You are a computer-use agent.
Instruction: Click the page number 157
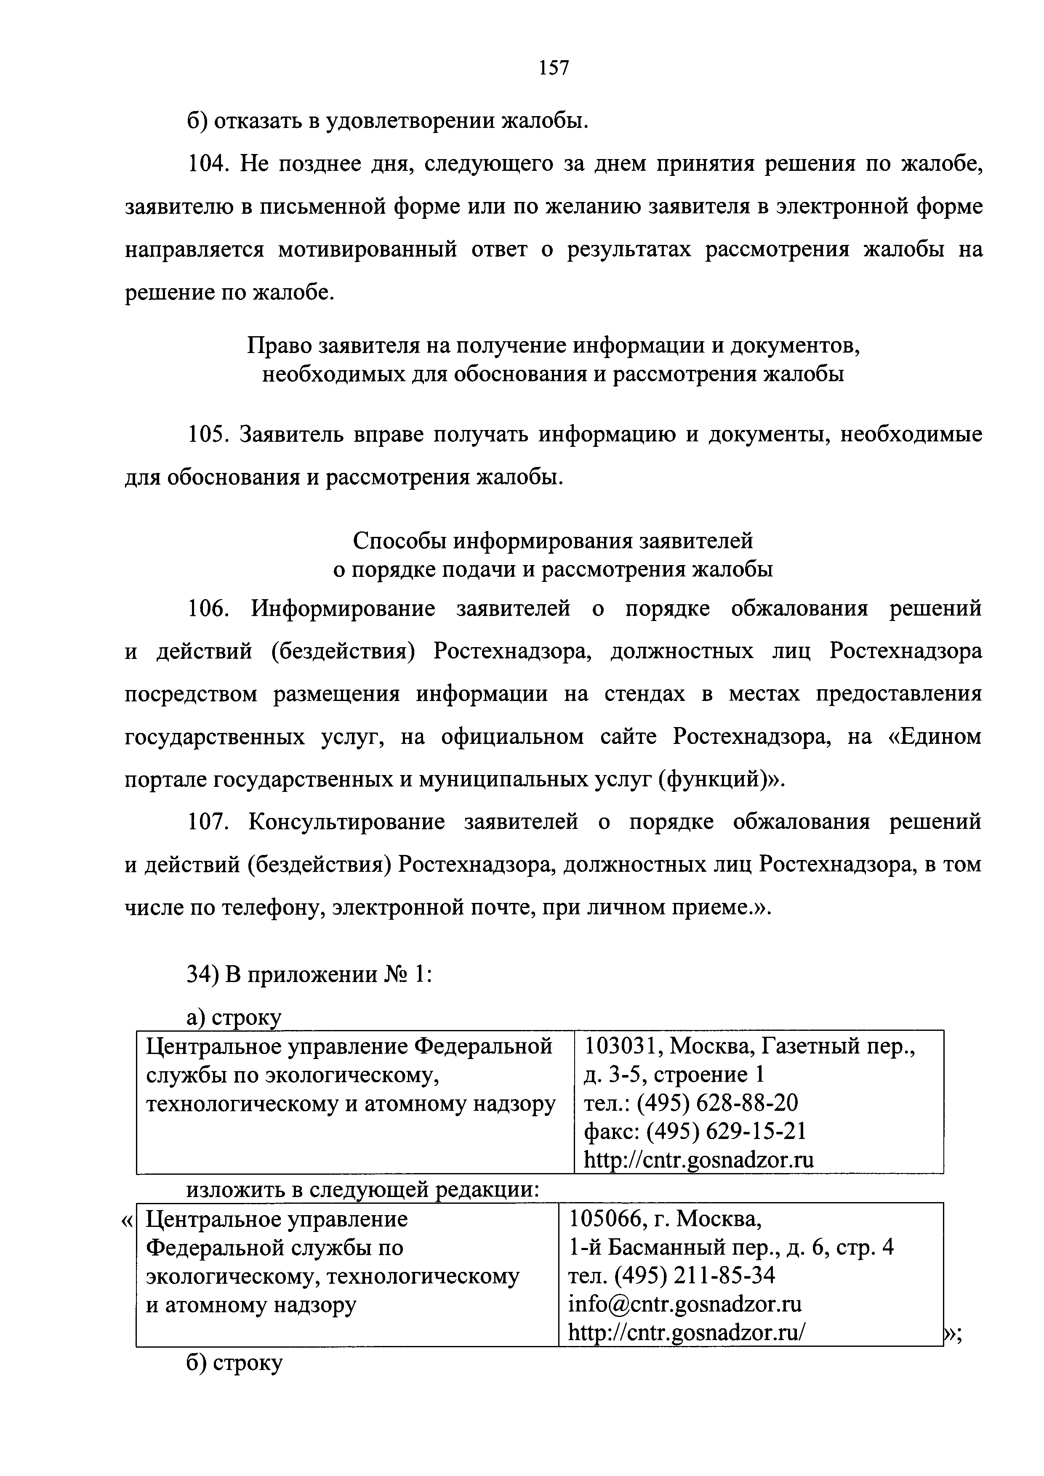(x=553, y=67)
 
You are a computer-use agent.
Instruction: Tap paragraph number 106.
(x=208, y=608)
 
